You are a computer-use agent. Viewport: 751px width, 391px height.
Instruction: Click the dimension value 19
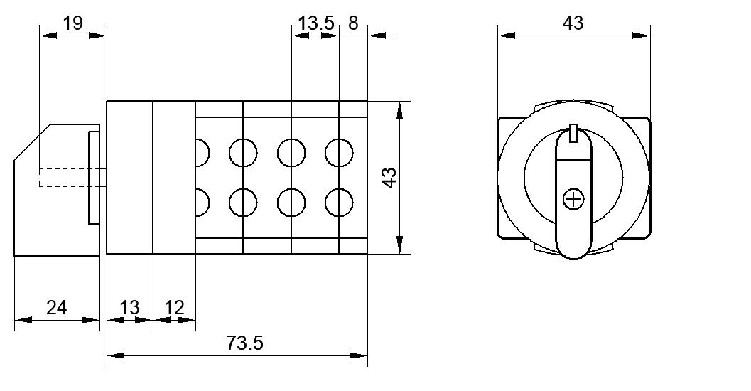tap(72, 23)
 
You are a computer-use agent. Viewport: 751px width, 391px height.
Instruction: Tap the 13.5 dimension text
tap(316, 23)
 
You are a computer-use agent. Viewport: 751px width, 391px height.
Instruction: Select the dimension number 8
tap(353, 23)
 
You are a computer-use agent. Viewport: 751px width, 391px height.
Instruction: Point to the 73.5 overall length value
tap(244, 343)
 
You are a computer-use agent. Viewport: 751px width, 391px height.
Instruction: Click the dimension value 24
tap(57, 307)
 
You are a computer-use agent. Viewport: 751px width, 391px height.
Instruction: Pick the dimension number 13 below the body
tap(129, 307)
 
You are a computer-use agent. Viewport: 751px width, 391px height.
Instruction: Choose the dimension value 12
tap(174, 307)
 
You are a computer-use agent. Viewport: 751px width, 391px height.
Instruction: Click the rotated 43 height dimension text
tap(390, 177)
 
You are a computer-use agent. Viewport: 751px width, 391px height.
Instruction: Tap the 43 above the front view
tap(573, 23)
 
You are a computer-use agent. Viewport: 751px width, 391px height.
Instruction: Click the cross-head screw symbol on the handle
tap(574, 199)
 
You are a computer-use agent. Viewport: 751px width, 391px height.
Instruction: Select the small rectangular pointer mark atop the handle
tap(574, 133)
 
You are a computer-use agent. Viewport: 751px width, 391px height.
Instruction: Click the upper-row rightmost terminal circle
tap(339, 152)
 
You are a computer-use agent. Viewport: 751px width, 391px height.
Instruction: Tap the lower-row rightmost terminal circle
tap(339, 202)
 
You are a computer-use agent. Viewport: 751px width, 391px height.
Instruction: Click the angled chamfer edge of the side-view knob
tap(32, 142)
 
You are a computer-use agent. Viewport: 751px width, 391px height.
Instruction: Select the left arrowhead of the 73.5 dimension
tap(115, 355)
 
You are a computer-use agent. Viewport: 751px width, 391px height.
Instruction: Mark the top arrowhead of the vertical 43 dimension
tap(400, 110)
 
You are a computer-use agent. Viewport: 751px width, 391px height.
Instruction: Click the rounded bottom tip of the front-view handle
tap(574, 259)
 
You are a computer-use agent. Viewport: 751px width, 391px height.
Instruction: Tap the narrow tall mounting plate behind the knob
tap(94, 177)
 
